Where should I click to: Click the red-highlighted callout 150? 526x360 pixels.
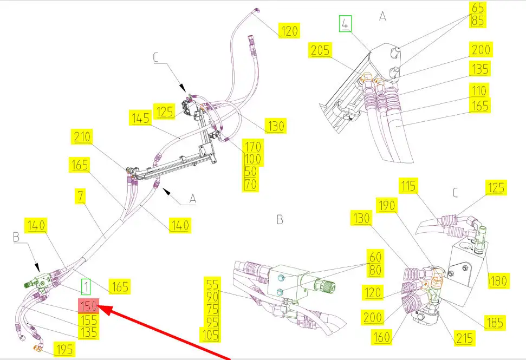click(88, 306)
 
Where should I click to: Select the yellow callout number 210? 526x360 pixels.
click(82, 137)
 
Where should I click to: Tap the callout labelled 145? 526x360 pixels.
click(140, 118)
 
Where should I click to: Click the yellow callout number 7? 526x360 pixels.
click(80, 196)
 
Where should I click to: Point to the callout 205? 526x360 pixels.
click(320, 50)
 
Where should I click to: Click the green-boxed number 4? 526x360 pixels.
click(345, 24)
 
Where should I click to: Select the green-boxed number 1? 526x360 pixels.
click(86, 287)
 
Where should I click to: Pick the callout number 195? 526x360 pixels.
click(64, 349)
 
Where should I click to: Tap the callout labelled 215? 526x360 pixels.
click(465, 338)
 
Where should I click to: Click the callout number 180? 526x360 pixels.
click(498, 280)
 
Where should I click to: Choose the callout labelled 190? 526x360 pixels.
click(387, 205)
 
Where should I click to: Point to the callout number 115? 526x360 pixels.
click(408, 185)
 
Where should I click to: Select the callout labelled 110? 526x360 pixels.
click(479, 90)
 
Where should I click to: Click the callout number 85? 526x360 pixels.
click(478, 21)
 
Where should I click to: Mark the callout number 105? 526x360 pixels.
click(210, 335)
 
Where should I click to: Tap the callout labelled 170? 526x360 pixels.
click(252, 147)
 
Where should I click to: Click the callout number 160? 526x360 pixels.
click(382, 337)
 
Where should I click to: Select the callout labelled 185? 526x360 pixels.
click(495, 323)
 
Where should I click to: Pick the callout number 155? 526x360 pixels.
click(88, 320)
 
